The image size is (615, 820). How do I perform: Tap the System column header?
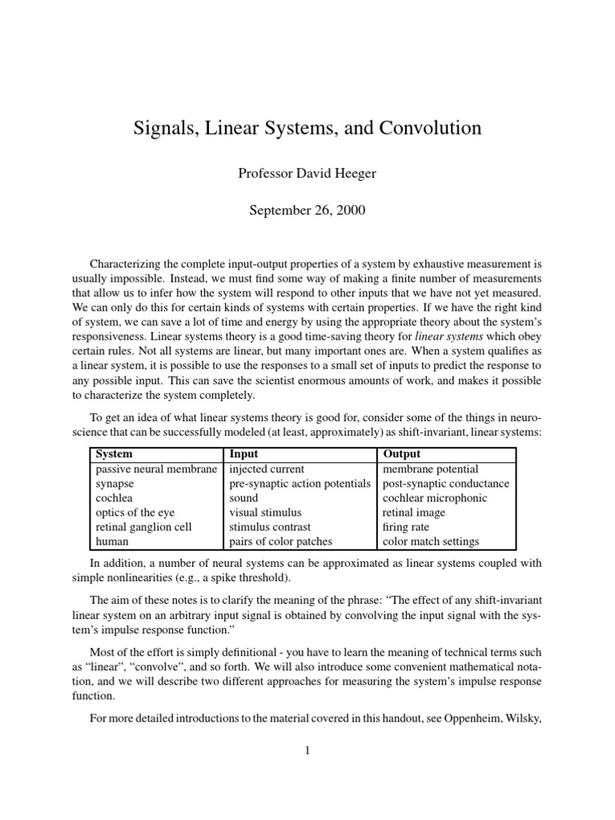[x=114, y=454]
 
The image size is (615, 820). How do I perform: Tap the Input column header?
[x=243, y=454]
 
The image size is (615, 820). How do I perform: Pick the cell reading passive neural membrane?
[x=156, y=468]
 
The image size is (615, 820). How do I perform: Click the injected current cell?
[x=267, y=468]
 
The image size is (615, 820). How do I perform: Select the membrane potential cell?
[x=430, y=468]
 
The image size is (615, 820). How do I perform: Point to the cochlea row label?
[x=114, y=498]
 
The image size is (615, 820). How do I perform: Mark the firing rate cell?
[x=406, y=527]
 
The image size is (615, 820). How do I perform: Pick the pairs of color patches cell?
[x=280, y=541]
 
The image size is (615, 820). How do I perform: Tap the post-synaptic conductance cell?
[x=446, y=484]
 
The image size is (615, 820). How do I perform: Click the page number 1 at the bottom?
[x=307, y=750]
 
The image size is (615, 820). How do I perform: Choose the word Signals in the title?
[x=163, y=127]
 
